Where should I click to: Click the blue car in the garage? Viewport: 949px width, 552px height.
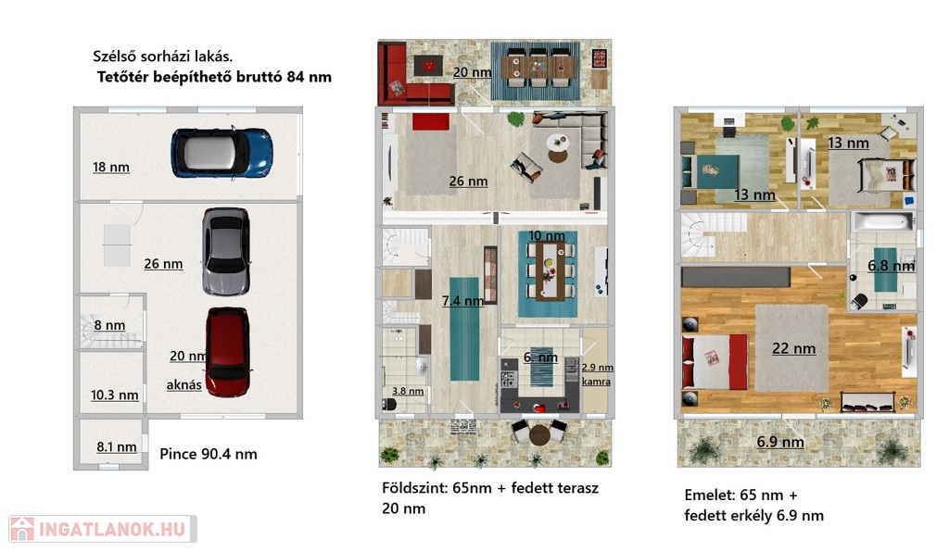[x=221, y=153]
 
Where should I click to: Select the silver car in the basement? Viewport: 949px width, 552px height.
[x=226, y=251]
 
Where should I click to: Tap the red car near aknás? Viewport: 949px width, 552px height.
[x=228, y=352]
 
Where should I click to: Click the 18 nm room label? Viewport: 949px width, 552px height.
[x=111, y=168]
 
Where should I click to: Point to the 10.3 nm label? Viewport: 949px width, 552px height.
[x=114, y=395]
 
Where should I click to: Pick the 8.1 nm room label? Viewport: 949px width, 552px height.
[x=116, y=447]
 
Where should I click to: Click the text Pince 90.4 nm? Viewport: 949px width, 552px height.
[x=209, y=454]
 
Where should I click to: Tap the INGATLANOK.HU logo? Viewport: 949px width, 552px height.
[x=103, y=529]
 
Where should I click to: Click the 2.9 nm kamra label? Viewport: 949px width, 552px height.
[x=597, y=374]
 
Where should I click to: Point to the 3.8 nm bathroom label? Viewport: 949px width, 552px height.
[x=408, y=391]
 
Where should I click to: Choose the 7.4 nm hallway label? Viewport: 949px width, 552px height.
[x=462, y=300]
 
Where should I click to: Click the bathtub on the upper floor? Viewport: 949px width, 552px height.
[x=882, y=221]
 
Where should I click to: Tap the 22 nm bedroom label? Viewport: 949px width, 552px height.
[x=793, y=349]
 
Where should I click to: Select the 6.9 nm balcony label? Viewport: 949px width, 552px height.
[x=780, y=442]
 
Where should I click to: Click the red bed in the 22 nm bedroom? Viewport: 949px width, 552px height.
[x=715, y=361]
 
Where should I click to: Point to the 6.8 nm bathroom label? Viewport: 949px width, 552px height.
[x=891, y=266]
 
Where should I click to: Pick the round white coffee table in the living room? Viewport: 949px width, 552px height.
[x=558, y=143]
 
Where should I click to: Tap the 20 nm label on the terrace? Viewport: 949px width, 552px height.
[x=472, y=72]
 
